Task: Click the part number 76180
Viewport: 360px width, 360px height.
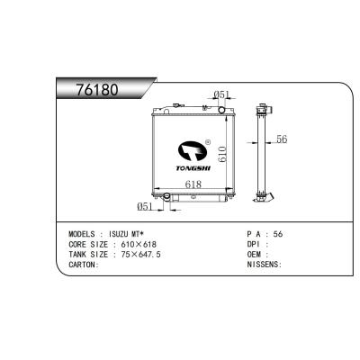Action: click(x=97, y=89)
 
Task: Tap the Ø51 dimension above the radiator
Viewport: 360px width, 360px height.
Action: click(x=221, y=95)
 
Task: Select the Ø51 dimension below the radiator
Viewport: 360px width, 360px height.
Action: click(x=145, y=206)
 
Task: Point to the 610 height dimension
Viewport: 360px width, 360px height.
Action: click(x=222, y=154)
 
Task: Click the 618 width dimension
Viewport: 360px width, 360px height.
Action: click(x=193, y=184)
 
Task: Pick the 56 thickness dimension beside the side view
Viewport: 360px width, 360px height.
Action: click(x=282, y=139)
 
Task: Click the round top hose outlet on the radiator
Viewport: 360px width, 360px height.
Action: click(x=221, y=110)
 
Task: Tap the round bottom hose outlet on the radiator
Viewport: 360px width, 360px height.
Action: click(x=166, y=196)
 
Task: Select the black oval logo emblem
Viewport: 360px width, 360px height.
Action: click(x=193, y=150)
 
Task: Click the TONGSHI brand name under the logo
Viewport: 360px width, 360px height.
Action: click(x=193, y=168)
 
